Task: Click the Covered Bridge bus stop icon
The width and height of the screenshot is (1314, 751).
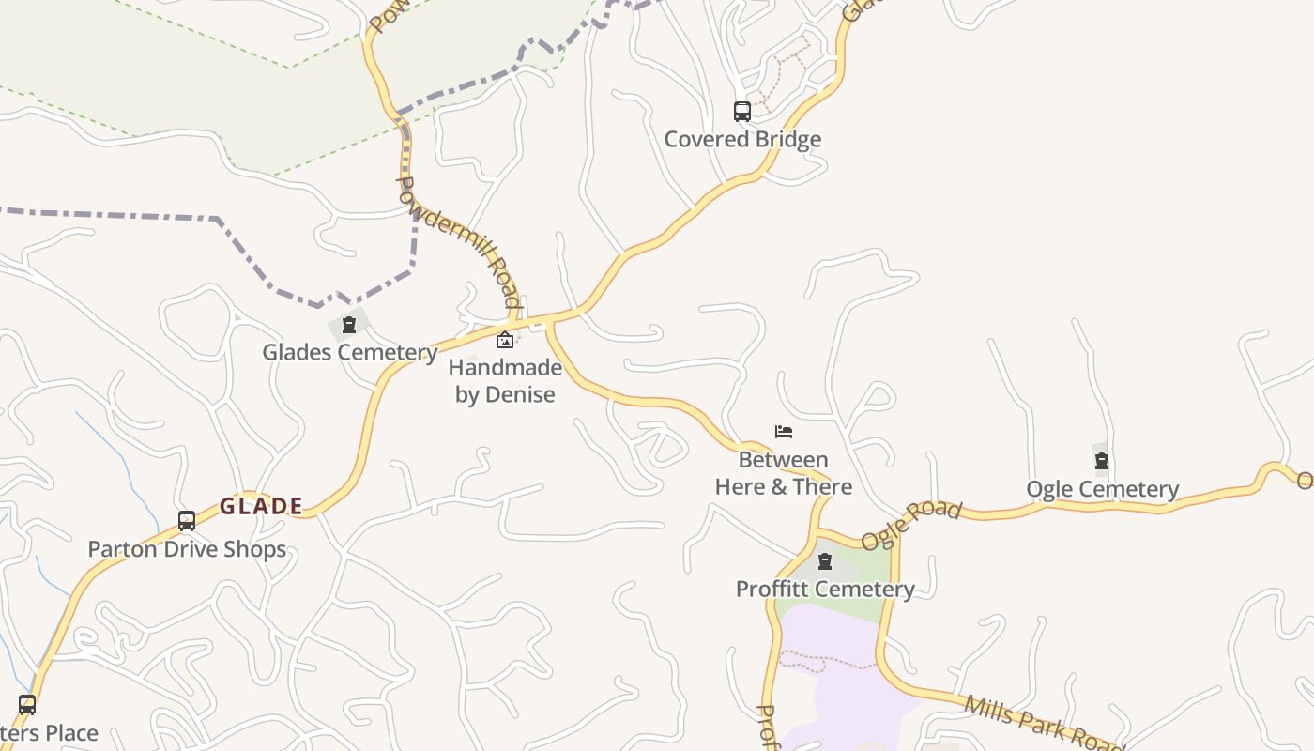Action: click(x=742, y=112)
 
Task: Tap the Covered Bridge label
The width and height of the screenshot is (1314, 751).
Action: click(x=742, y=139)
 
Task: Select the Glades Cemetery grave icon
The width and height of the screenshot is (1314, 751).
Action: click(x=349, y=326)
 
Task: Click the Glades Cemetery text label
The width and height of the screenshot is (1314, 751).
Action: click(x=349, y=352)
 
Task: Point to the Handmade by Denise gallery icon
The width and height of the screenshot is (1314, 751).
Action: click(x=505, y=340)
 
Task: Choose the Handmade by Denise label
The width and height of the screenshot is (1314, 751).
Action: click(x=505, y=380)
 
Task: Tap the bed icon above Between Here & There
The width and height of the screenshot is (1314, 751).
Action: click(x=784, y=432)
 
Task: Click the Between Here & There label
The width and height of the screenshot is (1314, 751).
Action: click(x=784, y=473)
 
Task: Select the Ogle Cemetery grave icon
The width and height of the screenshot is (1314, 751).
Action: click(x=1102, y=461)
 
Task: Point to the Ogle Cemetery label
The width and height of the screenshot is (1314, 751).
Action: click(x=1102, y=489)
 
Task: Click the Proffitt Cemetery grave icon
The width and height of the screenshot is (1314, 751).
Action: click(x=825, y=562)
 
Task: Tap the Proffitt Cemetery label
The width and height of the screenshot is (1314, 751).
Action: click(x=825, y=589)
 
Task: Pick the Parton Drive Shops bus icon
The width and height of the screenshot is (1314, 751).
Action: click(x=187, y=521)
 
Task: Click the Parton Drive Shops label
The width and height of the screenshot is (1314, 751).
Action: click(x=187, y=548)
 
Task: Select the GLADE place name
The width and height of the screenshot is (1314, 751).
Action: click(x=261, y=507)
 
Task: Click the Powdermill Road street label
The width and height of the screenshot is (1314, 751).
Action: click(x=459, y=241)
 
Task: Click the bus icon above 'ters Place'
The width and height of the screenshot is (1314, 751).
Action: click(x=27, y=704)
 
